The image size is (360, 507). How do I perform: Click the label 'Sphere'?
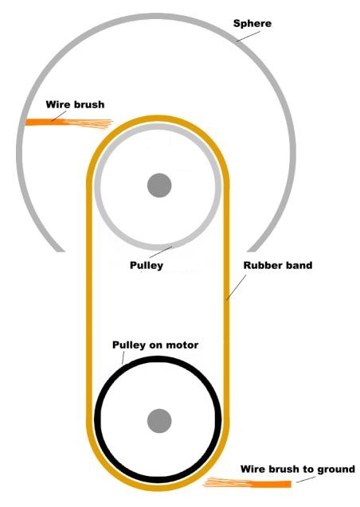coord(252,24)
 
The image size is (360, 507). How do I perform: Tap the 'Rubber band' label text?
coord(278,266)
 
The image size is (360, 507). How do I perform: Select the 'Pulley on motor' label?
coord(155,345)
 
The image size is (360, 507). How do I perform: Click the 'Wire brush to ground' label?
coord(298,469)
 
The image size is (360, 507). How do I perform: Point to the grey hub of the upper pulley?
coord(159,185)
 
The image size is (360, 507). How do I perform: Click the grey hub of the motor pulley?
coord(159,421)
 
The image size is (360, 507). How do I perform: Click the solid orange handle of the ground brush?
coord(271,484)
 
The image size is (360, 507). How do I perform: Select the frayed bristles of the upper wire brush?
coord(88,124)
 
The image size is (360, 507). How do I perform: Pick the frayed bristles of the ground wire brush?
coord(227,482)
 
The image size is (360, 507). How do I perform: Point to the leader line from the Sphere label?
coord(248,36)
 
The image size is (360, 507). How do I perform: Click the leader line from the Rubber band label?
coord(236,287)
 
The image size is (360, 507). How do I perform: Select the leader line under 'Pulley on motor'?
coord(123,358)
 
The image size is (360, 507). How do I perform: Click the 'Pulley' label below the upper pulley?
coord(147,266)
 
